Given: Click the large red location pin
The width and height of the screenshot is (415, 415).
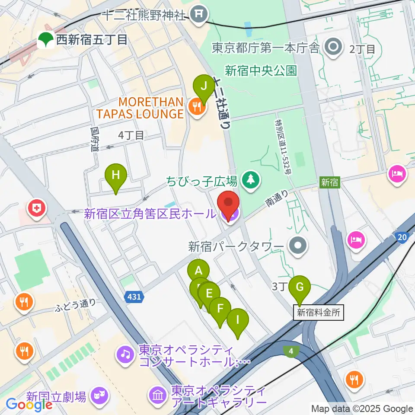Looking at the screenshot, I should click(228, 204).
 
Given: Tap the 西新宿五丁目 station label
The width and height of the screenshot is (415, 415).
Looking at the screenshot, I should click(91, 40).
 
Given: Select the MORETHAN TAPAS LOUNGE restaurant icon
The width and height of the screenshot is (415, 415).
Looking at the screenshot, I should click(198, 107).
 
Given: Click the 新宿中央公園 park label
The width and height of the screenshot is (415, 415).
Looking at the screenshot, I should click(261, 71).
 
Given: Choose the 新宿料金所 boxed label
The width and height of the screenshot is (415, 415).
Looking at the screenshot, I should click(319, 313).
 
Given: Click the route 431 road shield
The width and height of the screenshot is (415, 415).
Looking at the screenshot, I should click(134, 297).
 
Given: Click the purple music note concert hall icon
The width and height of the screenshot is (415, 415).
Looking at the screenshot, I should click(125, 355).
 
